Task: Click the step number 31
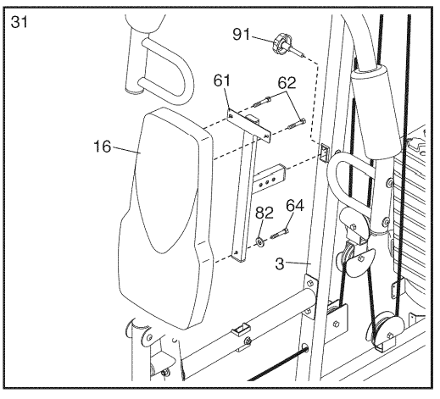coord(19,22)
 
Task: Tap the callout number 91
coord(242,35)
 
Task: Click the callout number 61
coord(222,80)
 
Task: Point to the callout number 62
coord(287,83)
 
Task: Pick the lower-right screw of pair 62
coord(296,124)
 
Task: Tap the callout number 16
coord(103,147)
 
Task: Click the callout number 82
coord(265,213)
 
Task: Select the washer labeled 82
coord(259,241)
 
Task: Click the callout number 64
coord(295,206)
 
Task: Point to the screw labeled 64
coord(280,234)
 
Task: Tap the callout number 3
coord(280,264)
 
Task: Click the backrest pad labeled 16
coord(165,218)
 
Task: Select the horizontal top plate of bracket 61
coord(249,125)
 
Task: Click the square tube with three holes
coord(270,179)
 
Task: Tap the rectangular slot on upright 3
coord(324,152)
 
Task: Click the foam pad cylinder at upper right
coord(375,110)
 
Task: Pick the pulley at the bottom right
coord(384,328)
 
